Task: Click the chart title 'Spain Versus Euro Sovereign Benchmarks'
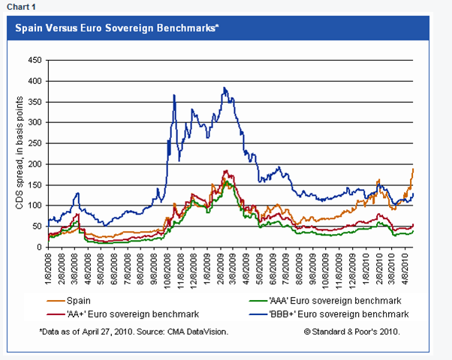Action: (x=113, y=28)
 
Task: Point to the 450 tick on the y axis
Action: (x=34, y=60)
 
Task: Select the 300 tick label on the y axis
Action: (x=34, y=122)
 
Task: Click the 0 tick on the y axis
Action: (x=38, y=247)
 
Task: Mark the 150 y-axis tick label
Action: (x=34, y=184)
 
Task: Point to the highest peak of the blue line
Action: (x=224, y=88)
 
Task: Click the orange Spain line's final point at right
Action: (x=414, y=169)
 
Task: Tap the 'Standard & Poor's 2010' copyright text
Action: (x=352, y=330)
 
